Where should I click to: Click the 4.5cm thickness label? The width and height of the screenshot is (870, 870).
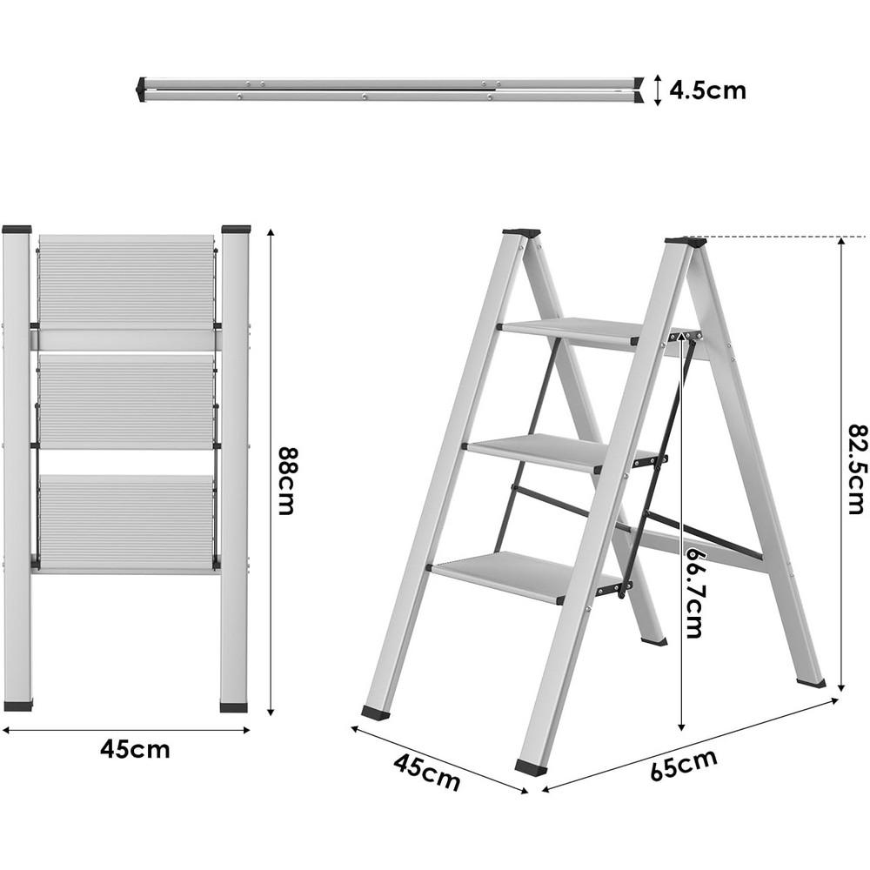707,90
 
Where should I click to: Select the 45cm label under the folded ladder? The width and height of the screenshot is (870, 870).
135,749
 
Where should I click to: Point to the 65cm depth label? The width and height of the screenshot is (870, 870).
684,766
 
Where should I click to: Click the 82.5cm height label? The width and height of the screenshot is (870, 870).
856,469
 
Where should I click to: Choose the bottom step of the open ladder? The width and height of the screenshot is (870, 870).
513,575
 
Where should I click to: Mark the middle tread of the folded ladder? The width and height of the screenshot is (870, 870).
126,400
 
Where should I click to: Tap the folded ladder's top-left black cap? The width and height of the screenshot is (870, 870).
17,230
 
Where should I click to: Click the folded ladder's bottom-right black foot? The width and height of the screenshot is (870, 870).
233,706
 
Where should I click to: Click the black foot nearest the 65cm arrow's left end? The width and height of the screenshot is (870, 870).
530,767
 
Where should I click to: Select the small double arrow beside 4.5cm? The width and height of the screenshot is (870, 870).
658,90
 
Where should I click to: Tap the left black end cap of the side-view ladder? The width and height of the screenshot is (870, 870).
141,90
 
